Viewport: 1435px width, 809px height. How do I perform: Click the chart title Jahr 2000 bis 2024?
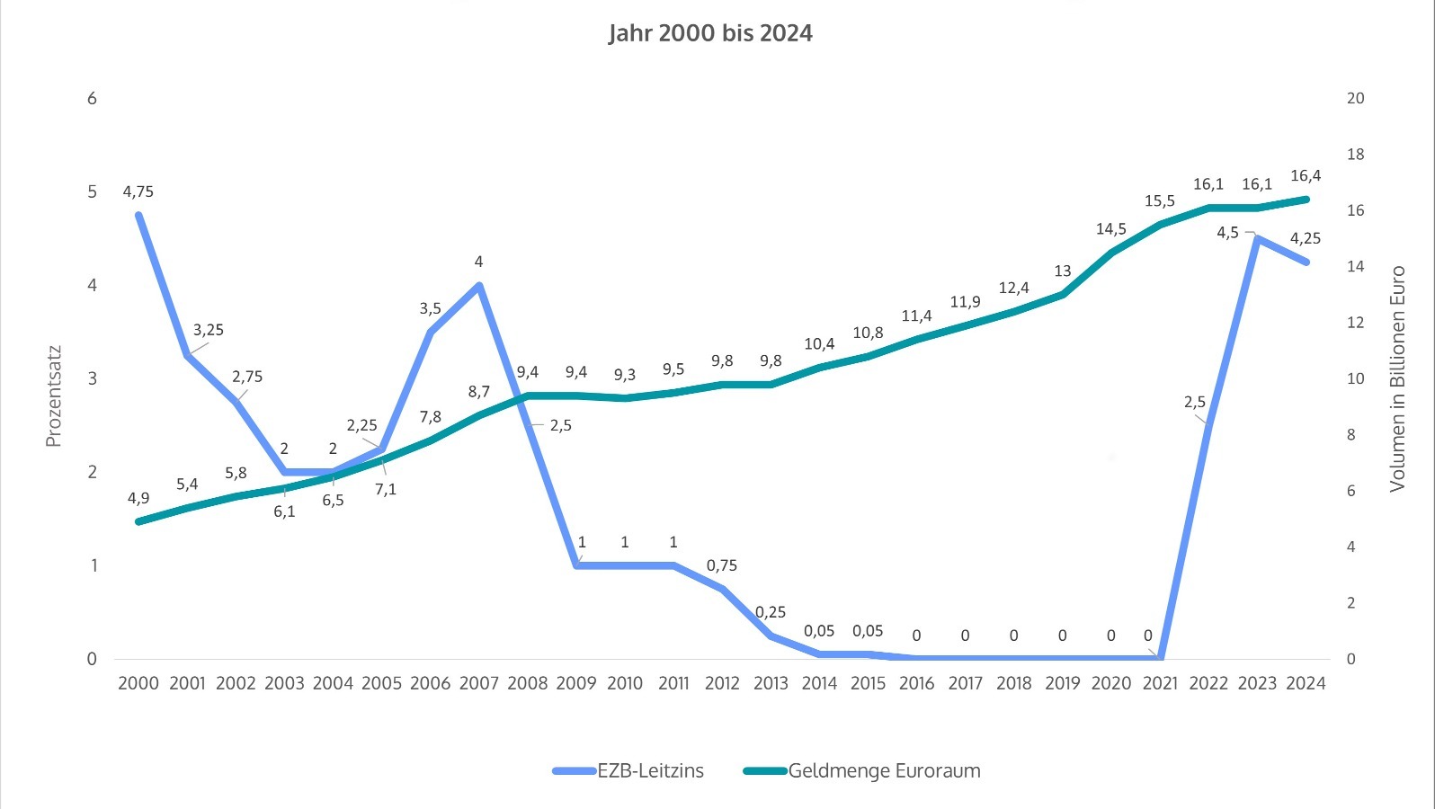[x=710, y=33]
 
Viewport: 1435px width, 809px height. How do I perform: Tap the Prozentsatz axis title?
[x=53, y=396]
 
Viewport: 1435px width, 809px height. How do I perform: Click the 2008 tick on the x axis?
[x=527, y=683]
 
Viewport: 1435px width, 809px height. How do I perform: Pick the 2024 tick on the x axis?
[x=1306, y=683]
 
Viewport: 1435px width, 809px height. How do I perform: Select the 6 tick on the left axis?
[x=92, y=98]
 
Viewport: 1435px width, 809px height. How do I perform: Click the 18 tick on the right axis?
[x=1355, y=155]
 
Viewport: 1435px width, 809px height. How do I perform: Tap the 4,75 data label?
[x=138, y=191]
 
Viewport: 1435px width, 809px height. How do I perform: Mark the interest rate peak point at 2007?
[x=479, y=286]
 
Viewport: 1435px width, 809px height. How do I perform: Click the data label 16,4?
[x=1306, y=176]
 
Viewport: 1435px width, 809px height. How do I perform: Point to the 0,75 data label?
[x=722, y=565]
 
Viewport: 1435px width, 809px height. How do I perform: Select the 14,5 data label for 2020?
[x=1111, y=229]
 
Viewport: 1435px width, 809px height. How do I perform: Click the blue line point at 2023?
[x=1257, y=239]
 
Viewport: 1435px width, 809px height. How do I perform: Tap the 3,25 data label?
[x=209, y=330]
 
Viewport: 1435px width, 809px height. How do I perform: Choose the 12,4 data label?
[x=1013, y=288]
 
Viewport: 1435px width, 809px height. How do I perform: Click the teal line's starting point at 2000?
[x=138, y=521]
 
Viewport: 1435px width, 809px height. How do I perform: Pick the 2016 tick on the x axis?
[x=916, y=683]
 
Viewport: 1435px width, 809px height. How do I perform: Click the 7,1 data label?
[x=386, y=489]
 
